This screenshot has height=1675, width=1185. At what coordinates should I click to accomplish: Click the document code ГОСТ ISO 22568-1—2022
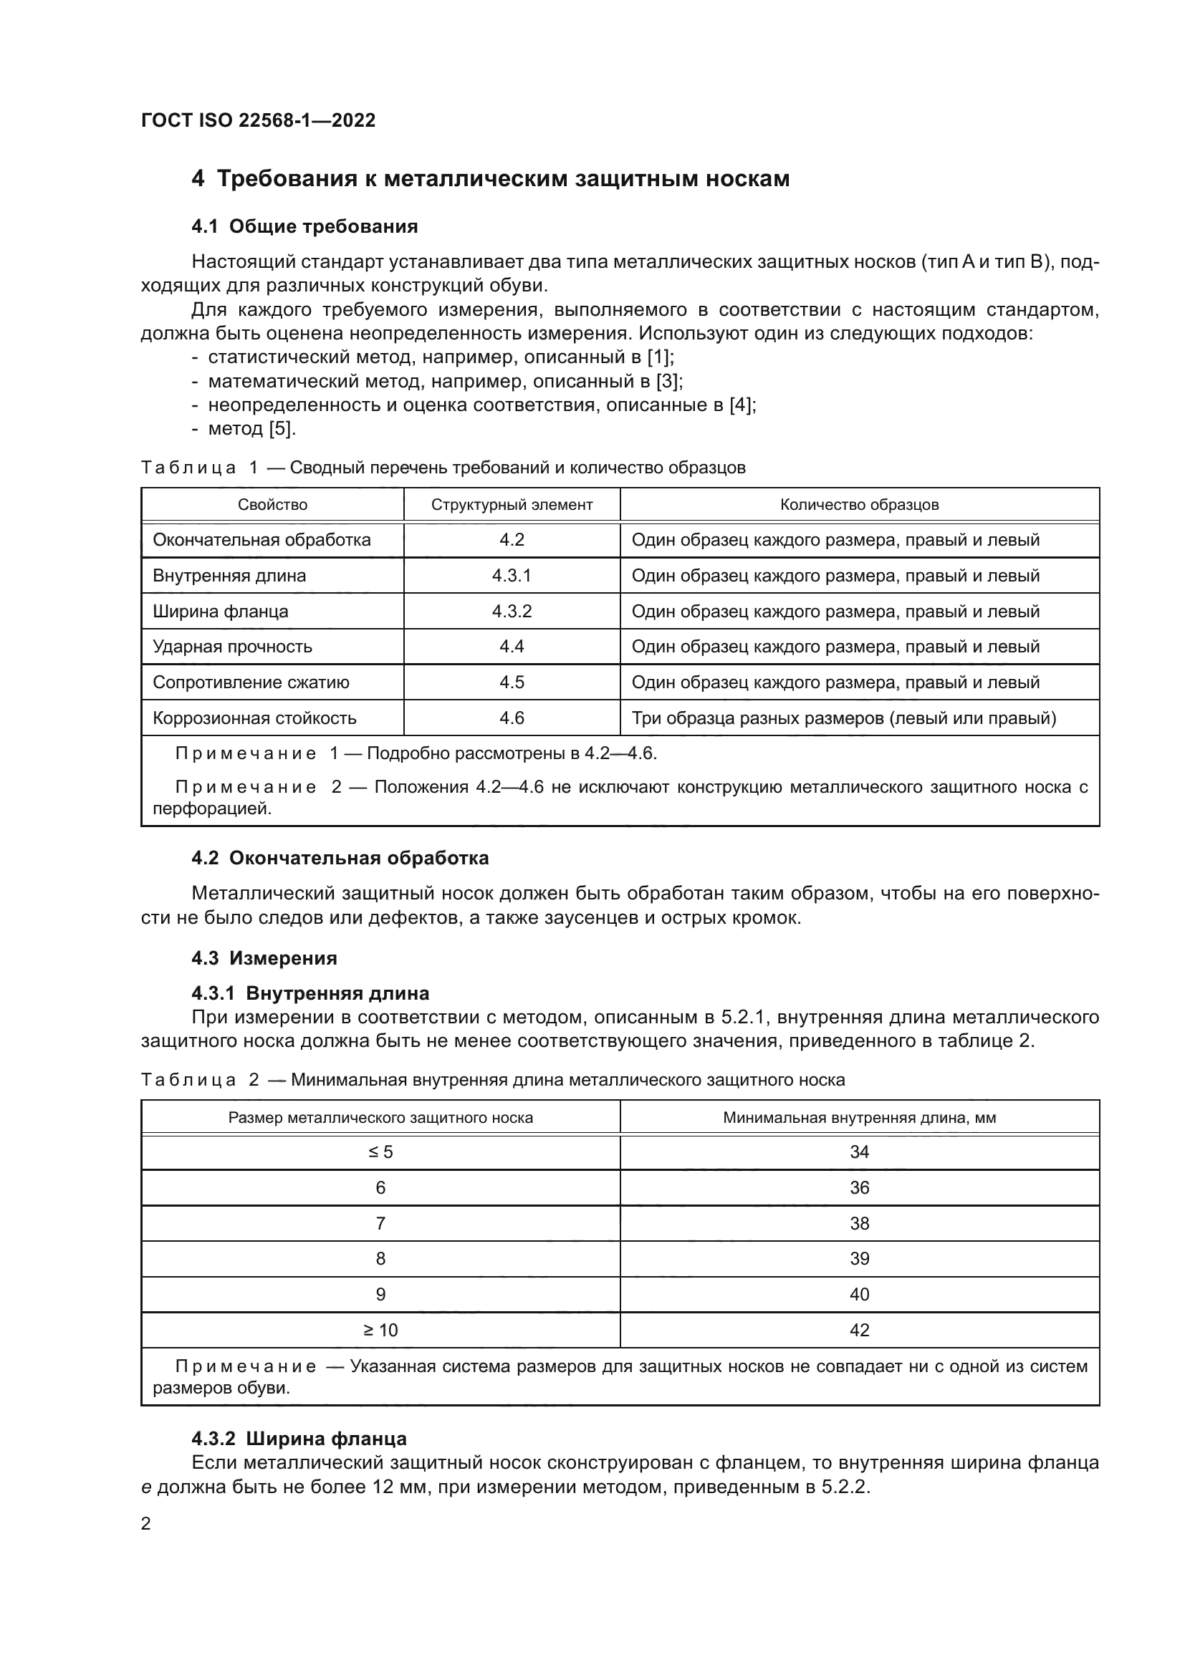258,120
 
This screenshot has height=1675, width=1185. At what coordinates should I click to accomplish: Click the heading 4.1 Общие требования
304,226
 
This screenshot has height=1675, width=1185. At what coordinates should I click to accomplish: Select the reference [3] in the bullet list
668,381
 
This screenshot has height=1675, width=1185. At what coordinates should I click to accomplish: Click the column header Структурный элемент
512,505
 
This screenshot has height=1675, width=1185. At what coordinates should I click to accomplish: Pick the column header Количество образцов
859,505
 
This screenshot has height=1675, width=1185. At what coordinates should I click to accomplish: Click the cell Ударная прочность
232,647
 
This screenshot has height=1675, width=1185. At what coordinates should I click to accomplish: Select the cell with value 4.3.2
512,612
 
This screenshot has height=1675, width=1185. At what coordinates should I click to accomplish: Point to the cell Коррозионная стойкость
254,718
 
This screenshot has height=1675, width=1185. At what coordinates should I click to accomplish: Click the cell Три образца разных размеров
843,718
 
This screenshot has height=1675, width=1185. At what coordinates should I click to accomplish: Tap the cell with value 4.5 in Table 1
512,682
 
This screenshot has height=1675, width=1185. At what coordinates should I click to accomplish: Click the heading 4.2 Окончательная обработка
340,858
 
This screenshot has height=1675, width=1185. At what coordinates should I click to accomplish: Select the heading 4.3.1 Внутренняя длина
310,993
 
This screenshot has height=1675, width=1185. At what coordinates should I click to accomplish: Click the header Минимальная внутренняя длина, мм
859,1118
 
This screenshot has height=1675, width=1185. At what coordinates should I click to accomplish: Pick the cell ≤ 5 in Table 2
380,1152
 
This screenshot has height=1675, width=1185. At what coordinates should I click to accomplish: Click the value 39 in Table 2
859,1258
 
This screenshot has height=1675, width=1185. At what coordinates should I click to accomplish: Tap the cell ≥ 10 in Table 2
380,1330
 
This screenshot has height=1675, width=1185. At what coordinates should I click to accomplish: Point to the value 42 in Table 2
859,1330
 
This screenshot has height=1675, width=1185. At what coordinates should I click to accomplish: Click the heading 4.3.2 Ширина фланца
299,1439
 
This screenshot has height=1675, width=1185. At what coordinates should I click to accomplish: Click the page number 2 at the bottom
146,1524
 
